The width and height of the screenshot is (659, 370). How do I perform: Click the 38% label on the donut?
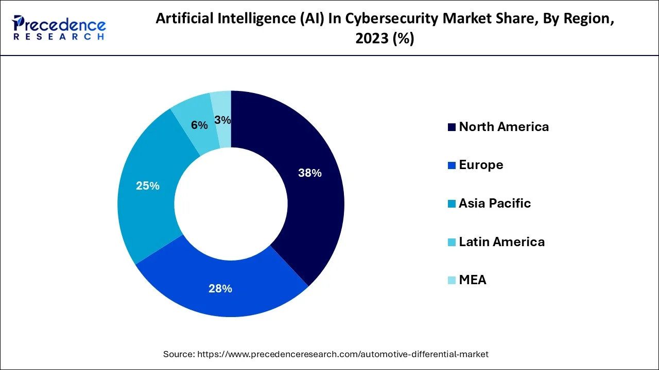pos(310,173)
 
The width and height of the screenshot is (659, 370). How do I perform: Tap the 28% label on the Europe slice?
pos(220,289)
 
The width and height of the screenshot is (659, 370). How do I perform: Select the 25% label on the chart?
pos(147,186)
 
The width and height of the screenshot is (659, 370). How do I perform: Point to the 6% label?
pos(199,125)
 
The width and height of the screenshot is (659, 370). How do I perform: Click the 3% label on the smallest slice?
pos(222,120)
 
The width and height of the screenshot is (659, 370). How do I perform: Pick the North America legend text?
pos(504,127)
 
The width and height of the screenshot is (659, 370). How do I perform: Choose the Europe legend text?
pos(481,165)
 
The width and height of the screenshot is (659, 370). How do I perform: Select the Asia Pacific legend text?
pos(494,203)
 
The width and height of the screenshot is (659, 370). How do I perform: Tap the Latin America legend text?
pos(501,242)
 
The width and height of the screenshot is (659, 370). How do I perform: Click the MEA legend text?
pos(472,280)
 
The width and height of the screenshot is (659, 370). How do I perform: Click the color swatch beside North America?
pos(452,127)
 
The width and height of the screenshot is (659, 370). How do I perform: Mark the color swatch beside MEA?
pos(452,281)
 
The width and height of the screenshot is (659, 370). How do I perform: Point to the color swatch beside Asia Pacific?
pos(452,204)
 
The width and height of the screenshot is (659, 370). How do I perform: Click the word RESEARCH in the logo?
pos(59,37)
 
